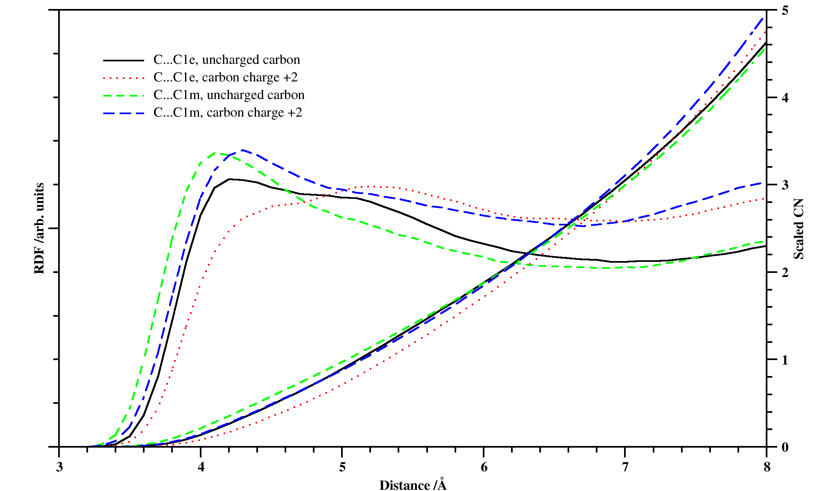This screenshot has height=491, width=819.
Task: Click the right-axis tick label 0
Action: coord(785,447)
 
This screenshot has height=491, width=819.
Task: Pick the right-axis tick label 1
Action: coord(785,360)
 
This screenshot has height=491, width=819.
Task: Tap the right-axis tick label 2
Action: coord(785,273)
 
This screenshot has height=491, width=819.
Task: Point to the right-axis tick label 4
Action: coord(785,98)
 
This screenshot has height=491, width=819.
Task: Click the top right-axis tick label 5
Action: coord(785,11)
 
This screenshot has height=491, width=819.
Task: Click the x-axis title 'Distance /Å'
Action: coord(413,485)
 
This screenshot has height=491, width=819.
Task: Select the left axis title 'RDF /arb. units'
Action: coord(39,228)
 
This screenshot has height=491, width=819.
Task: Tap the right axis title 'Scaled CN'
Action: coord(799,229)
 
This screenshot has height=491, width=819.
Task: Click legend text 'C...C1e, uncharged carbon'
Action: coord(226,60)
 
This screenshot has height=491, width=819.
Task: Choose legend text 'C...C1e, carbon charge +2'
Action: coord(226,77)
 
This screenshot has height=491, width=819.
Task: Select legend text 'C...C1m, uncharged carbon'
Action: coord(229,95)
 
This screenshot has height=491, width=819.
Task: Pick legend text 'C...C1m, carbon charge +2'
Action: coord(228,113)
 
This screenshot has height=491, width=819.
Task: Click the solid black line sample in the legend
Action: coord(124,60)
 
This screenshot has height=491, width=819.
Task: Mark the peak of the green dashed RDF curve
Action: coord(216,153)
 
